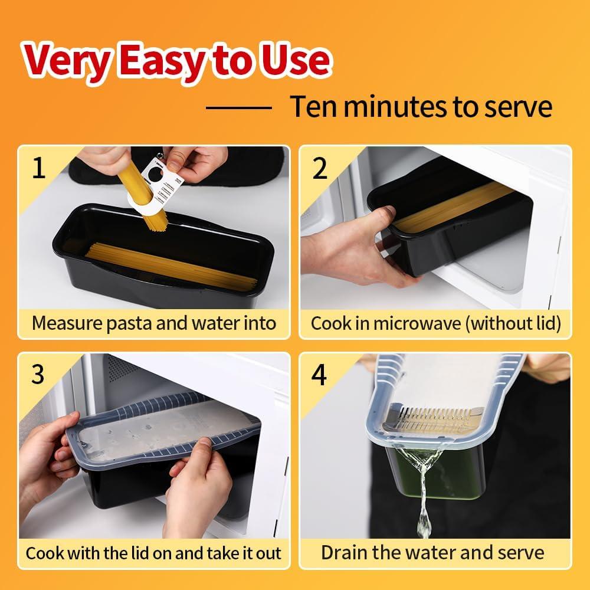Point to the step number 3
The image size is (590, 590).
pos(38,374)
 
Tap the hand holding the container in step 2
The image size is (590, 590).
pos(354,248)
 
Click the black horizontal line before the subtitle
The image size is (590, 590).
pos(238,107)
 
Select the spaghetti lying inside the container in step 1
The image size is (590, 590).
pos(165,265)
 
